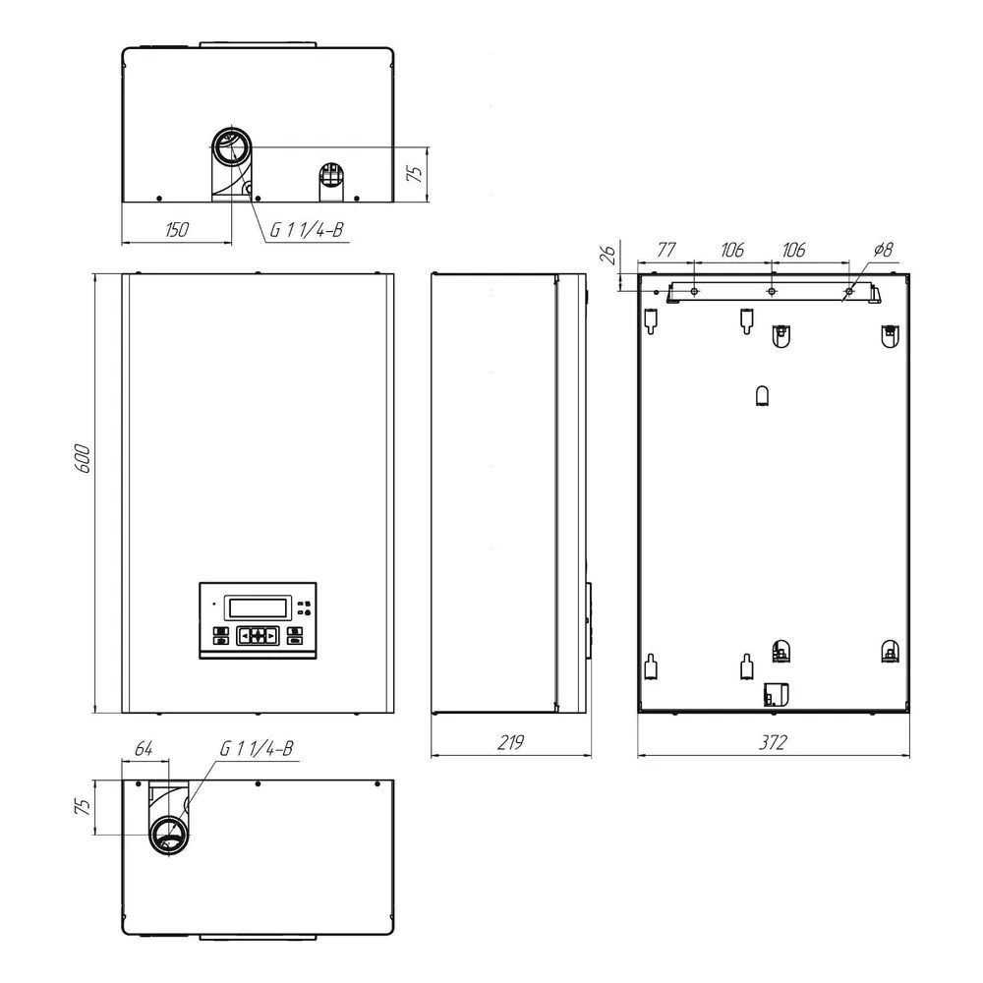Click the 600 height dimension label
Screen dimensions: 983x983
coord(84,458)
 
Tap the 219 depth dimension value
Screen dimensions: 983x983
coord(510,743)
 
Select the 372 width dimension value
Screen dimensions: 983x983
coord(773,743)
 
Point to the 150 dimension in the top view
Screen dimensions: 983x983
coord(176,229)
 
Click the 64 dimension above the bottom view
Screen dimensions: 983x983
coord(144,748)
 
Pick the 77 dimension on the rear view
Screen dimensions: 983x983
coord(665,250)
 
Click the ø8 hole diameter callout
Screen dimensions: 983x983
coord(882,250)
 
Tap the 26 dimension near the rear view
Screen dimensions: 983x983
coord(608,256)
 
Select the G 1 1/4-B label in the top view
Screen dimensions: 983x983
coord(307,229)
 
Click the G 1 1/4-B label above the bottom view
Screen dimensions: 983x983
coord(257,748)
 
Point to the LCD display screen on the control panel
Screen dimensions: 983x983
coord(258,607)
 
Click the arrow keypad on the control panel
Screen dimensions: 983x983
coord(257,636)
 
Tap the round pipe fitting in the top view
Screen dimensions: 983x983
coord(231,147)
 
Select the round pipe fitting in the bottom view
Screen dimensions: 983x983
coord(169,836)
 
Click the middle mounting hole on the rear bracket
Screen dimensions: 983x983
coord(772,292)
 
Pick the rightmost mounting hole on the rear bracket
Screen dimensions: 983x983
coord(849,292)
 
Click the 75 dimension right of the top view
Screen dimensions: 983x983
coord(416,174)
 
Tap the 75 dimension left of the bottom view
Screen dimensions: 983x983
coord(83,808)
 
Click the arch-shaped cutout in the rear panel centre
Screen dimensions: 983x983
coord(763,395)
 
